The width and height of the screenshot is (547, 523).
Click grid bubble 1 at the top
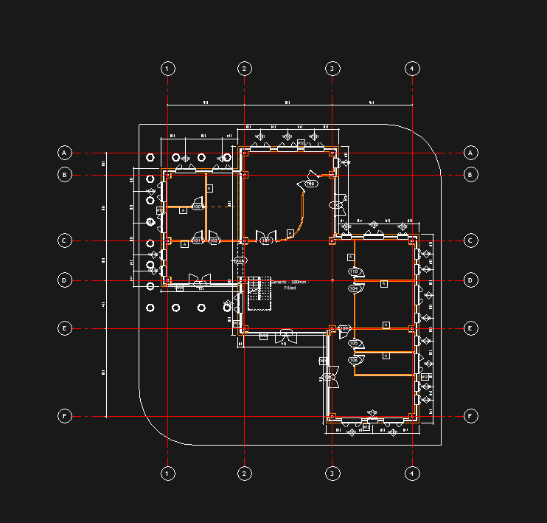coord(168,69)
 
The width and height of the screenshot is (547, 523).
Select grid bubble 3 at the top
coord(332,69)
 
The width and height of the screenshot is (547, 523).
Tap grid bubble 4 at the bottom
coord(413,473)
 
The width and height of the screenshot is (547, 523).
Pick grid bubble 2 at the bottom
coord(245,473)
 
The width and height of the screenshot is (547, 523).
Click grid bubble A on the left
coord(65,153)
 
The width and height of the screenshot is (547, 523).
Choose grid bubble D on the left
coord(65,280)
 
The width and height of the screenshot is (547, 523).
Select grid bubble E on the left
coord(65,328)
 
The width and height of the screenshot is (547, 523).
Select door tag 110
coord(354,272)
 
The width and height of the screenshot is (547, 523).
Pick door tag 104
coord(355,289)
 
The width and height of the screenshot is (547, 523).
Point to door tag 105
coord(355,343)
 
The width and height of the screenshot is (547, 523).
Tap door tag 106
coord(355,360)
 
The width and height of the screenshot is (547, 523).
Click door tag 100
coord(197,207)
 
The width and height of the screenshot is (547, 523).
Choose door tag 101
coord(197,240)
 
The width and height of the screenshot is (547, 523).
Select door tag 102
coord(214,240)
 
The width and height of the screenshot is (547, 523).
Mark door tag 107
coord(267,240)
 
